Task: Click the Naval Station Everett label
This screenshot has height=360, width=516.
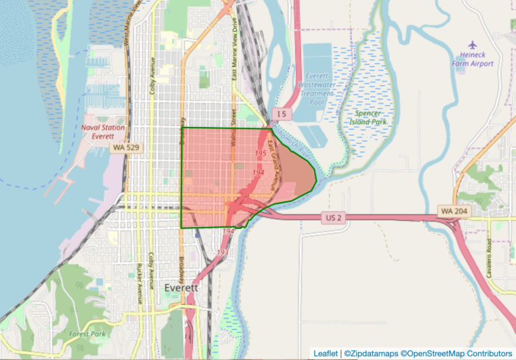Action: pos(99,130)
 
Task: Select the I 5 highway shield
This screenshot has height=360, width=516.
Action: pos(282,115)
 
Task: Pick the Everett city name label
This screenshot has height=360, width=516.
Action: pos(181,287)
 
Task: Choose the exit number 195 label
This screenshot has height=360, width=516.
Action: pos(261,154)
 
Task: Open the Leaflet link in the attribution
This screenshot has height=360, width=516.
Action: pos(325,353)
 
